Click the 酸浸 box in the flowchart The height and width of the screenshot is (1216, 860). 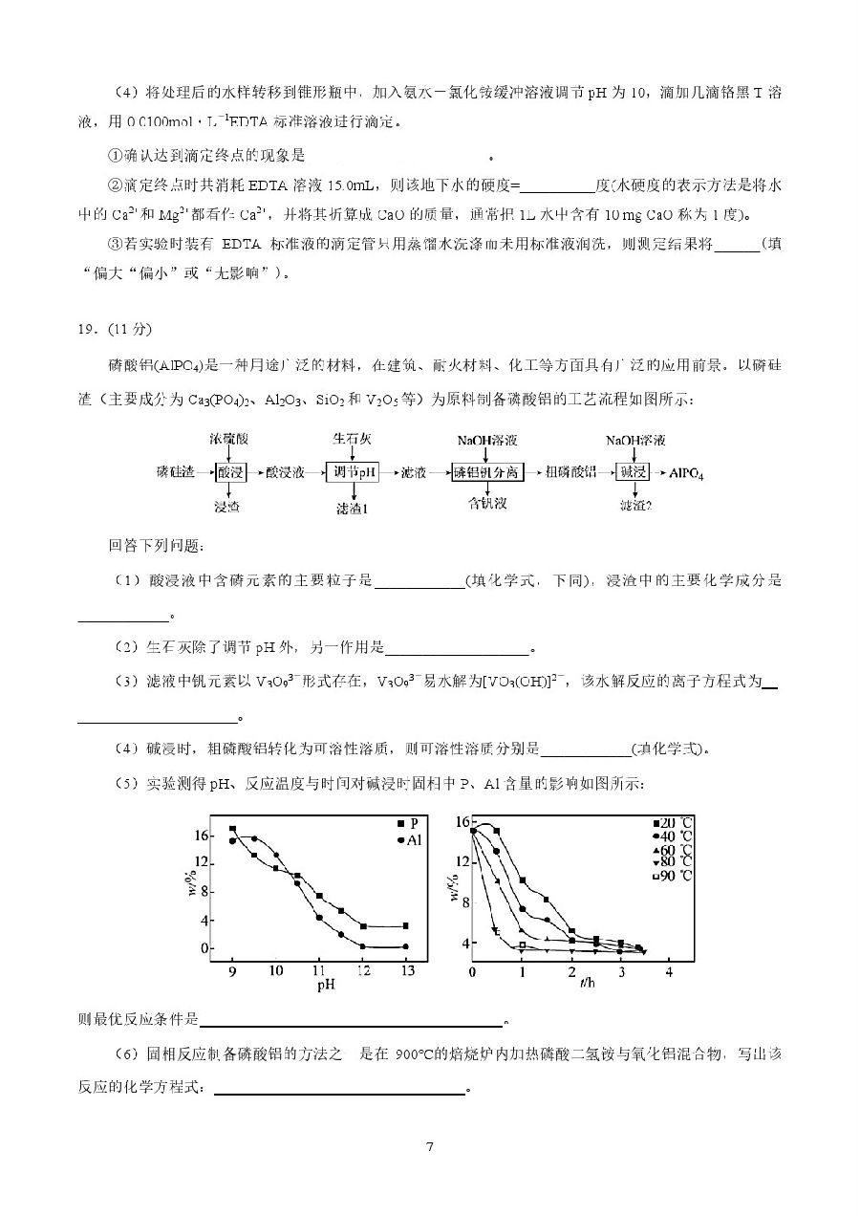(x=230, y=471)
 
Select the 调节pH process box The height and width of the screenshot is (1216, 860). (x=352, y=471)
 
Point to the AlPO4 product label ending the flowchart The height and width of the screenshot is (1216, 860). (x=686, y=472)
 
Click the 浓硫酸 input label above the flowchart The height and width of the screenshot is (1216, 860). (x=229, y=439)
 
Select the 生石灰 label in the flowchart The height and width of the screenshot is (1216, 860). (x=351, y=439)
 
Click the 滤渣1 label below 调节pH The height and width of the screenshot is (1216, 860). (x=352, y=504)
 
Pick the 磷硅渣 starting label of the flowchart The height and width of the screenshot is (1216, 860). (x=175, y=472)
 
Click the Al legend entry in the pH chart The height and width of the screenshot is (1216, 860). (x=409, y=839)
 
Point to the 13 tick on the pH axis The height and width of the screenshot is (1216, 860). (x=407, y=970)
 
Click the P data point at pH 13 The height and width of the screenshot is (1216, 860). (x=406, y=925)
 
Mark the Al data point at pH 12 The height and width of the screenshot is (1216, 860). (x=363, y=946)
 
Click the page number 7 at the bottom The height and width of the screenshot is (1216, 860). (x=431, y=1147)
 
